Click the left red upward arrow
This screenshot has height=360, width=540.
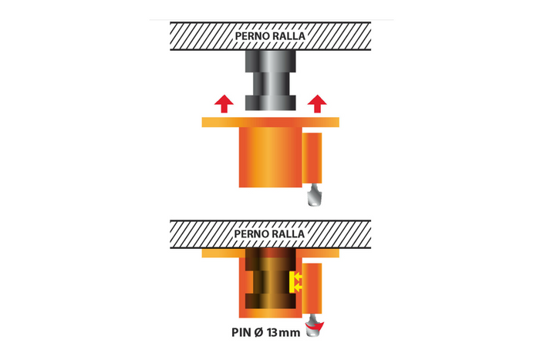(224, 103)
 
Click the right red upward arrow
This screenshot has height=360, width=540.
(317, 103)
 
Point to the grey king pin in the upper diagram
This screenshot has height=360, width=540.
(270, 80)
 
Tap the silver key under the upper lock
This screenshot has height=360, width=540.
(315, 195)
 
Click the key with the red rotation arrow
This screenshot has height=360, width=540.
(315, 325)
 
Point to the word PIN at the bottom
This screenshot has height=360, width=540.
(241, 332)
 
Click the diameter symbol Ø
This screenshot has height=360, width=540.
(258, 332)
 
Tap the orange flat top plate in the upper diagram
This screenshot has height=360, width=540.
(270, 122)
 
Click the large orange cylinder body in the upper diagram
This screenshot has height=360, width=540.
(270, 157)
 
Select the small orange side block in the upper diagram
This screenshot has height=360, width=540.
(312, 158)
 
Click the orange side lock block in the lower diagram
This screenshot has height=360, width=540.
(312, 288)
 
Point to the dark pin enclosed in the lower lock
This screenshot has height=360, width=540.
(270, 278)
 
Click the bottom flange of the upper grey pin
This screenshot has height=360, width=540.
(270, 103)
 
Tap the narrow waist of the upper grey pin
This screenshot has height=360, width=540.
(270, 84)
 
